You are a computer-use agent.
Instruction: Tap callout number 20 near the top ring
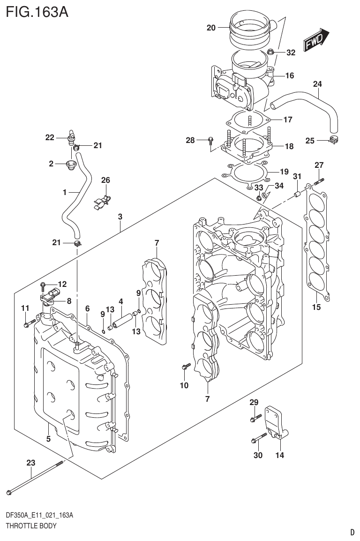[x=210, y=28]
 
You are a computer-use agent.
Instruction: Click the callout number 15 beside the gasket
[x=316, y=308]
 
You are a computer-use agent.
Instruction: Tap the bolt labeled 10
[x=185, y=368]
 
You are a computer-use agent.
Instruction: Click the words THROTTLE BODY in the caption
[x=31, y=526]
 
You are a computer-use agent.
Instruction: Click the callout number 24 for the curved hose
[x=317, y=84]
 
